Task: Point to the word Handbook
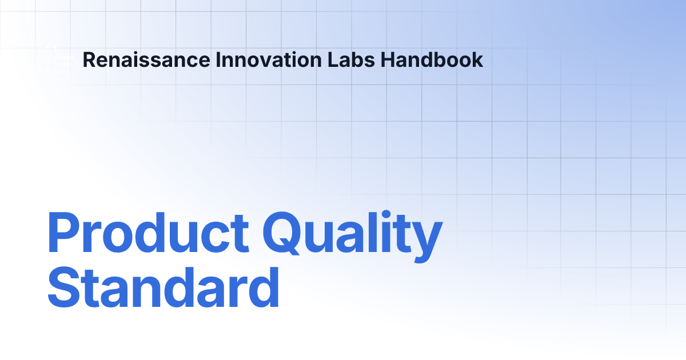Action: click(x=432, y=59)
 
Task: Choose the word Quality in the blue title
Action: click(x=354, y=234)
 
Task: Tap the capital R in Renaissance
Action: click(x=89, y=59)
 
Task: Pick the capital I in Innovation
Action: click(x=218, y=59)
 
